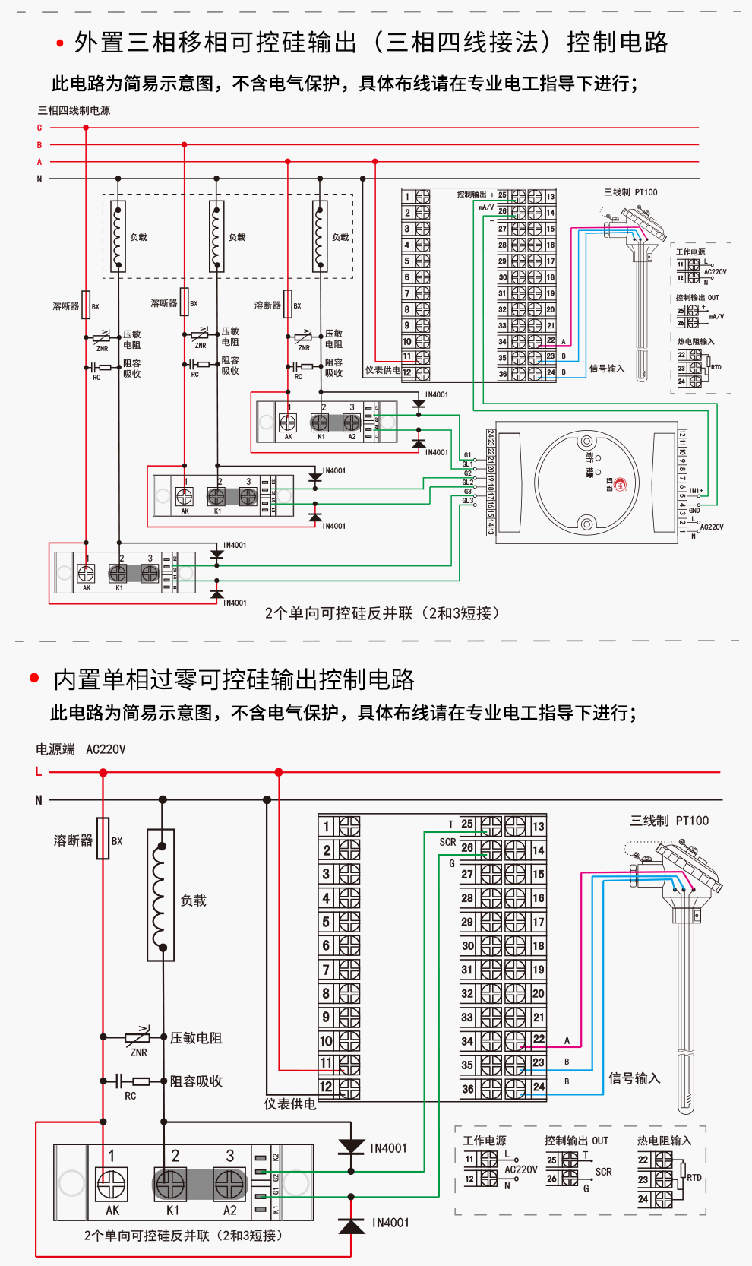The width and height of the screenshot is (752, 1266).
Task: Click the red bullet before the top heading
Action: (60, 43)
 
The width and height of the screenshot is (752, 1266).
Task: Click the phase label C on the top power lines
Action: (39, 128)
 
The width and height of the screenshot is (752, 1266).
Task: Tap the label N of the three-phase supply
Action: (39, 179)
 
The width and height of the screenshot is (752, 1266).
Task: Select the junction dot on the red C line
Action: (86, 128)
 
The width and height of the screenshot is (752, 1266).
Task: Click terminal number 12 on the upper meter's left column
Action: (407, 373)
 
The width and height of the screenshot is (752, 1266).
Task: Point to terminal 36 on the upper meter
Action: (502, 373)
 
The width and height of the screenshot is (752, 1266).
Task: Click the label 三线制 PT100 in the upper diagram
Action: (630, 192)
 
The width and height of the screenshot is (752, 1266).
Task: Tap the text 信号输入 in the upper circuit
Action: (607, 369)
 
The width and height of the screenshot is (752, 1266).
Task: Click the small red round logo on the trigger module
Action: (620, 485)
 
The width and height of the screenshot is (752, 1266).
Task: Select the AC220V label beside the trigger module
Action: (712, 527)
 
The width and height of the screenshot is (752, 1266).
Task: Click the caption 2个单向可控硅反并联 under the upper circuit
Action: (382, 613)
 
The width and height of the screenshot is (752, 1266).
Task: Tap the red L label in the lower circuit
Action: (39, 771)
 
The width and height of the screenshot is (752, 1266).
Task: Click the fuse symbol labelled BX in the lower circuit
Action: (103, 838)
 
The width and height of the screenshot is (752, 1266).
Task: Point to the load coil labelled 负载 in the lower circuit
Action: (160, 895)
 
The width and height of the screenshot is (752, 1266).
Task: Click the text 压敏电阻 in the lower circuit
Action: (196, 1038)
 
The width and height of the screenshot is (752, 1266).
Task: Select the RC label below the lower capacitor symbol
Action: (131, 1096)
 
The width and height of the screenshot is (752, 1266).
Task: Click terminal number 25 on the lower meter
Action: (467, 824)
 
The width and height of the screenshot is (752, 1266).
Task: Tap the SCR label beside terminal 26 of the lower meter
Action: (447, 842)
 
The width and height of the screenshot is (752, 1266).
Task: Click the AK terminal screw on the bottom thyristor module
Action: (111, 1183)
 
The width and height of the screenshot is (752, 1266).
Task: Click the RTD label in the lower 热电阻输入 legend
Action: (694, 1177)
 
